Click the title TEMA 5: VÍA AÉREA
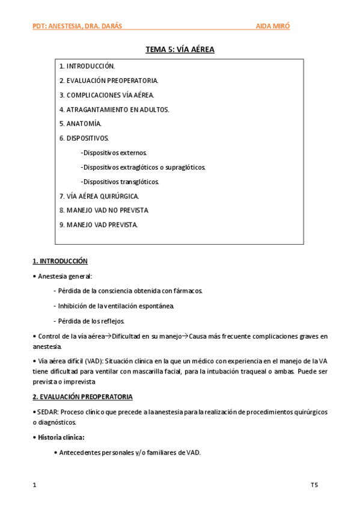point(180,50)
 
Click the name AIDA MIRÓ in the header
point(273,26)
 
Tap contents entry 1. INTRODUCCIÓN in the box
point(87,66)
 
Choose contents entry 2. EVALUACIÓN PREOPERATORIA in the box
point(109,81)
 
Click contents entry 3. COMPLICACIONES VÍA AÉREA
point(107,95)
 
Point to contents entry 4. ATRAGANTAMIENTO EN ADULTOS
point(114,109)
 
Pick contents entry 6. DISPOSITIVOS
point(84,138)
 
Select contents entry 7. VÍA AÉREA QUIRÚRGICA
point(99,196)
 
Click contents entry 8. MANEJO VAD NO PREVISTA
point(104,210)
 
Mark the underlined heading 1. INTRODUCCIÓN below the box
point(60,261)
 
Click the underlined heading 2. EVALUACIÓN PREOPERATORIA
point(82,397)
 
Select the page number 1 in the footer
point(34,484)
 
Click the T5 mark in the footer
point(314,484)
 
